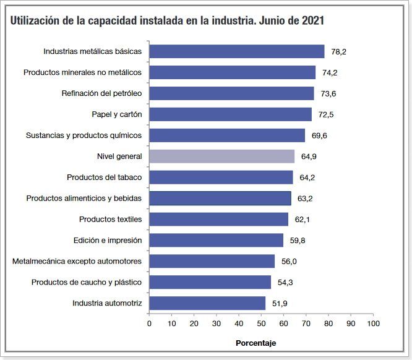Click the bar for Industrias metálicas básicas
[x=236, y=51]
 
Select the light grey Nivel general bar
[x=221, y=156]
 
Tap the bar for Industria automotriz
[x=207, y=303]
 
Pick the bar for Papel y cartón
[x=230, y=114]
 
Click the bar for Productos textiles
[x=218, y=220]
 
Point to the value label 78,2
[x=338, y=52]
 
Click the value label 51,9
[x=280, y=304]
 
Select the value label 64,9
[x=309, y=157]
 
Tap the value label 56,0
[x=289, y=262]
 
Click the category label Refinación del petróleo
[x=101, y=93]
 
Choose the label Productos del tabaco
[x=104, y=178]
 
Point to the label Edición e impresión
[x=108, y=240]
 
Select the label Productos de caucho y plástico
[x=87, y=282]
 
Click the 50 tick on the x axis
[x=261, y=323]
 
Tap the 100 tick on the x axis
[x=373, y=323]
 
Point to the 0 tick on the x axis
[x=149, y=323]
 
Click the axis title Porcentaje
[x=255, y=343]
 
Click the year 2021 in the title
[x=311, y=20]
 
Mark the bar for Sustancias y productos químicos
[x=227, y=135]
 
